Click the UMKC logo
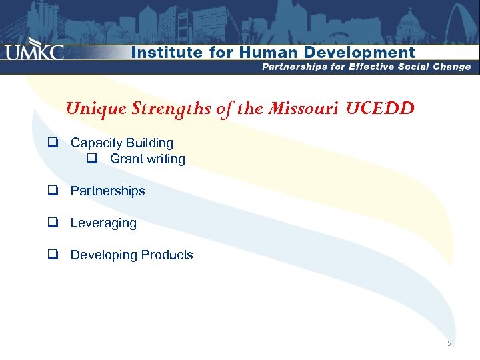[x=35, y=53]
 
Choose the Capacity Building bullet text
[x=121, y=143]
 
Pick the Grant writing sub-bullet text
[x=147, y=159]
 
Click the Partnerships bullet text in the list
[x=107, y=191]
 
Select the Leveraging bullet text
[x=103, y=223]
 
